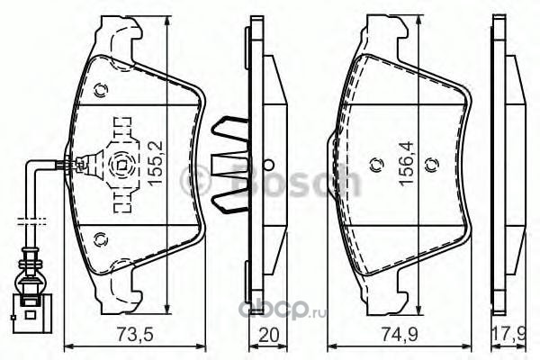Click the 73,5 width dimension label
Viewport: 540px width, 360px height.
tap(135, 335)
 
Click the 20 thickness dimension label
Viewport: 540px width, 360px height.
tap(268, 335)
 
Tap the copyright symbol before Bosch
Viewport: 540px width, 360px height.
tap(195, 179)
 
